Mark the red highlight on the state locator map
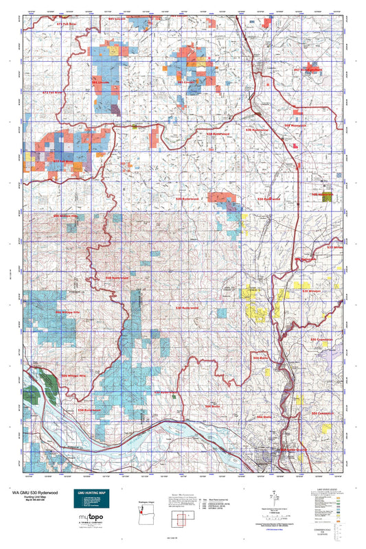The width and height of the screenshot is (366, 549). point(141,510)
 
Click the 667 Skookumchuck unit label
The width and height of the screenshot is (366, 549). point(307,70)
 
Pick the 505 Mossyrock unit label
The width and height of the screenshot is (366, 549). point(294,126)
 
